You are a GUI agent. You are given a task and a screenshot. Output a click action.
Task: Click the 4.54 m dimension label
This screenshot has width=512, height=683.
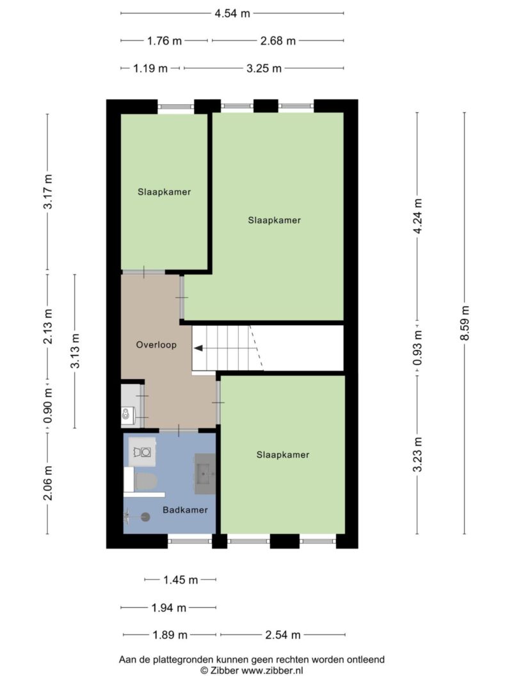232,13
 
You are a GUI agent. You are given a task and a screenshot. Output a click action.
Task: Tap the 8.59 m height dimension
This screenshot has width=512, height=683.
465,323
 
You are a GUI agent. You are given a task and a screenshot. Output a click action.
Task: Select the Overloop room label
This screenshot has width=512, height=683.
156,345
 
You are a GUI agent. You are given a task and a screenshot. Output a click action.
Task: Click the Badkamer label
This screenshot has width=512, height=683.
185,510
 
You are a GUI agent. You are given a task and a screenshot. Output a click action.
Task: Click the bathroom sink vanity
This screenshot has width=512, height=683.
205,474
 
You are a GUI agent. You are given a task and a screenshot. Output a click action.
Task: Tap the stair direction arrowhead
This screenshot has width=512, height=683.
198,348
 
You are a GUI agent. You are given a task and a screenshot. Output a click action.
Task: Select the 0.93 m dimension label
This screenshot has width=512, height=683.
418,348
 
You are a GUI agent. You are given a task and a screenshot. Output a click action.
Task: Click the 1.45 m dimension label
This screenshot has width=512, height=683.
180,580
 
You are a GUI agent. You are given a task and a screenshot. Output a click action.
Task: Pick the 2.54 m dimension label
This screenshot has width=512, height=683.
282,635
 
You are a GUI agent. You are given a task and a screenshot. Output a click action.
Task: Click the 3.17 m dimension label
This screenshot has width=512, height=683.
48,191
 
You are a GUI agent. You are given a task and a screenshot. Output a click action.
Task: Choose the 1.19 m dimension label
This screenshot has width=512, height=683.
150,68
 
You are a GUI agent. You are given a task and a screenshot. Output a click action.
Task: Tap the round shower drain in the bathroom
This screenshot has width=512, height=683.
145,517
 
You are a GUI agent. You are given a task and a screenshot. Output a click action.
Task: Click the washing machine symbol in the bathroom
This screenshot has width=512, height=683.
142,452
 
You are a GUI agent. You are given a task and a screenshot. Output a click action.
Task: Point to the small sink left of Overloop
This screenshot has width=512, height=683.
126,414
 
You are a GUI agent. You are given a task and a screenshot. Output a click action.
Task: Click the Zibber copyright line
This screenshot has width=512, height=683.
252,671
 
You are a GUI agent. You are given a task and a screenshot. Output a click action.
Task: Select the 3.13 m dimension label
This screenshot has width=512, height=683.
76,351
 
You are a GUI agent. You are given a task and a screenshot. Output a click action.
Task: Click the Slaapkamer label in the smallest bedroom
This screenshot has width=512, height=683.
164,192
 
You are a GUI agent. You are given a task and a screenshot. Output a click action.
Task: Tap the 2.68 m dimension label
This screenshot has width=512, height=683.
278,41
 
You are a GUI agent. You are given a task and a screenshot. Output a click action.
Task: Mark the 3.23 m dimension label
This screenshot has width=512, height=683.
418,454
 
